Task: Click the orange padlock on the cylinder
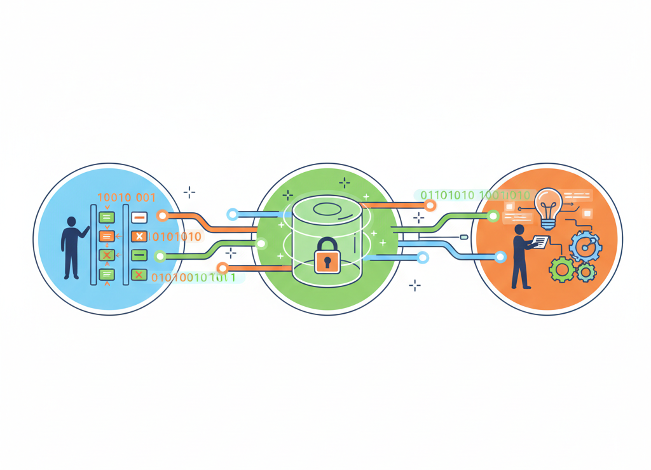[327, 256]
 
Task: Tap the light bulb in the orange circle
[547, 204]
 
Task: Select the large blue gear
[585, 246]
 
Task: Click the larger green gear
[562, 270]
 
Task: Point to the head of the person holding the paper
[519, 231]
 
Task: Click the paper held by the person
[540, 242]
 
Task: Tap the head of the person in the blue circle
[71, 222]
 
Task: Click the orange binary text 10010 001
[126, 198]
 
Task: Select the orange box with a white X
[139, 237]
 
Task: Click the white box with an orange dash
[139, 218]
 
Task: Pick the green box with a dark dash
[139, 256]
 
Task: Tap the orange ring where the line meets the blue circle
[163, 216]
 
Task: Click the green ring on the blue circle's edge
[160, 257]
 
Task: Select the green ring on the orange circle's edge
[493, 217]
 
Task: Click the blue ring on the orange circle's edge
[500, 257]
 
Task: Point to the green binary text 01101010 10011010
[475, 195]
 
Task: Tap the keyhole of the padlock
[327, 261]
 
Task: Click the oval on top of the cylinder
[327, 209]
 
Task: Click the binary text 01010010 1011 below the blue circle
[193, 278]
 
